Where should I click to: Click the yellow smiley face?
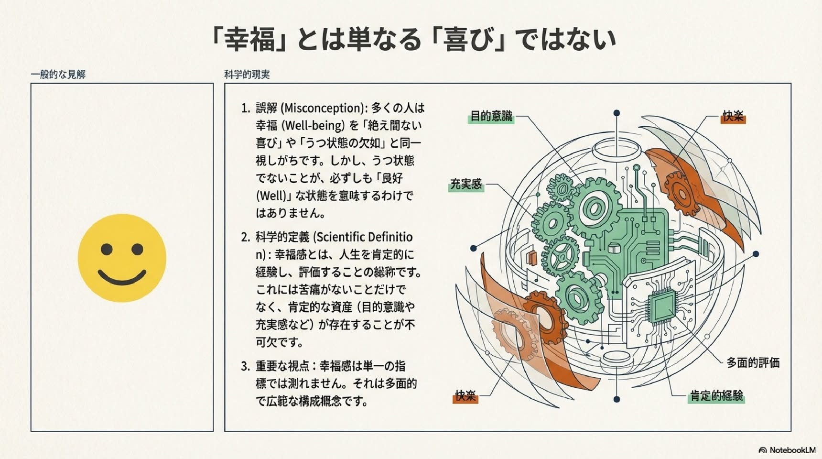[x=122, y=258]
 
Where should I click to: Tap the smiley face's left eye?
[x=107, y=249]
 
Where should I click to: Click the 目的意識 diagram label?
[x=491, y=116]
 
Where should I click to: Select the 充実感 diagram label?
[x=466, y=184]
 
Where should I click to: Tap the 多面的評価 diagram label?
[x=753, y=363]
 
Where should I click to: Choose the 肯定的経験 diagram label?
[x=716, y=396]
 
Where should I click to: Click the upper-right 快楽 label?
[x=733, y=116]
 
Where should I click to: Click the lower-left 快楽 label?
[x=465, y=396]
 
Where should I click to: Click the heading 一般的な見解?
[x=58, y=74]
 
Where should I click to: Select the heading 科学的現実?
[x=247, y=74]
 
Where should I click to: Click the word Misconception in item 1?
[x=323, y=108]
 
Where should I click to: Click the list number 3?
[x=245, y=366]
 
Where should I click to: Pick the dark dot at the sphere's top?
[x=616, y=113]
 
